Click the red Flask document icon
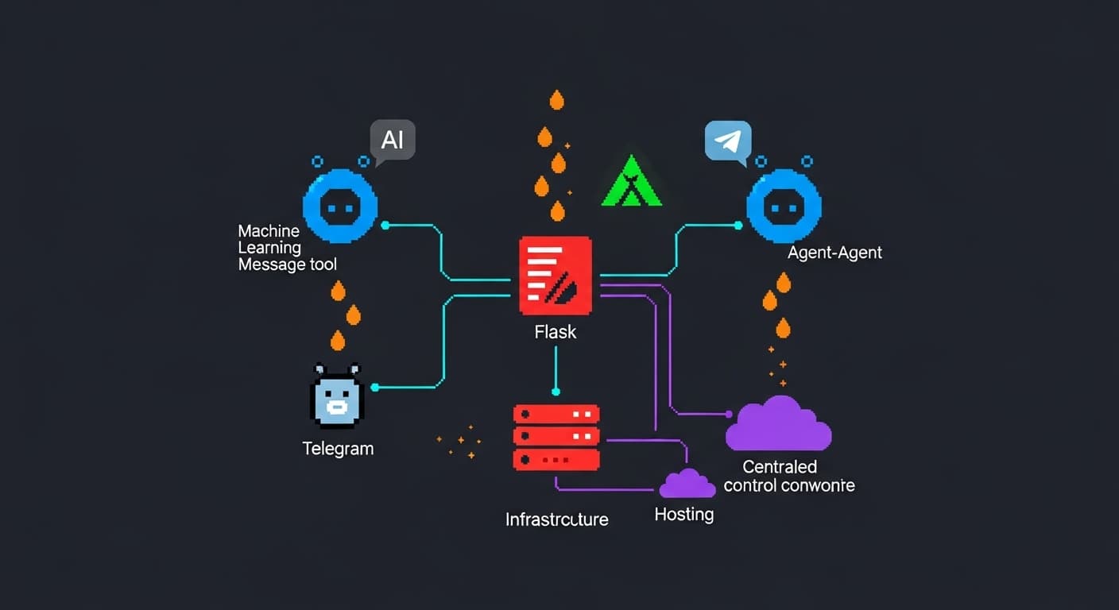556,275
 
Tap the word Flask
556,331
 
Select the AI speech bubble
393,141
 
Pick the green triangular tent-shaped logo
632,182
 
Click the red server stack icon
556,436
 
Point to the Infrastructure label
556,519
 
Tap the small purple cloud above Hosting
687,484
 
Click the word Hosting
683,514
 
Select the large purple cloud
778,424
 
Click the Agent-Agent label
834,253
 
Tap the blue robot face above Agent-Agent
784,207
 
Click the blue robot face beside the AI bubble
340,207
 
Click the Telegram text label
338,448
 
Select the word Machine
269,231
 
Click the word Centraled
780,466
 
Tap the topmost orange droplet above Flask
556,100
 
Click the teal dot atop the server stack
556,392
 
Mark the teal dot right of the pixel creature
375,388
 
